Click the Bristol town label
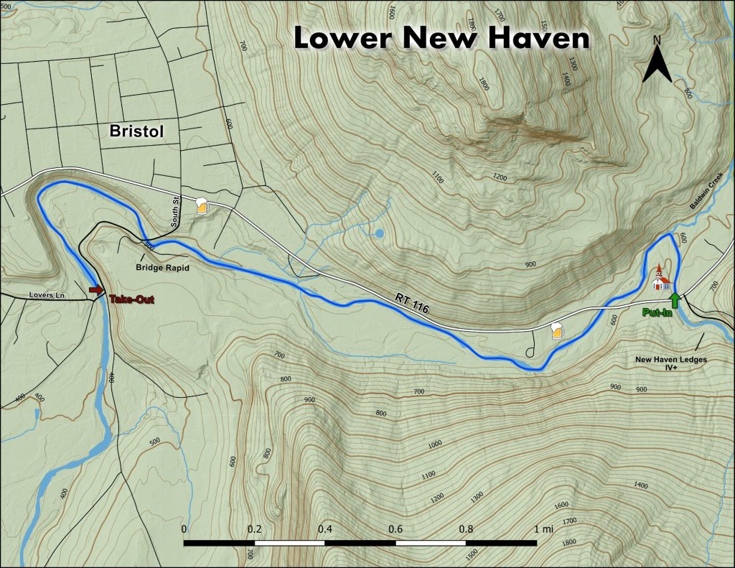click(x=137, y=131)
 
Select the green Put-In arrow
click(x=674, y=299)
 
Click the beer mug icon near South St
click(x=202, y=206)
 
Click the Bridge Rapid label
click(x=161, y=268)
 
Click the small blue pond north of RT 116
click(x=379, y=233)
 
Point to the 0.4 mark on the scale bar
click(x=325, y=529)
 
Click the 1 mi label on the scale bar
click(x=543, y=529)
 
